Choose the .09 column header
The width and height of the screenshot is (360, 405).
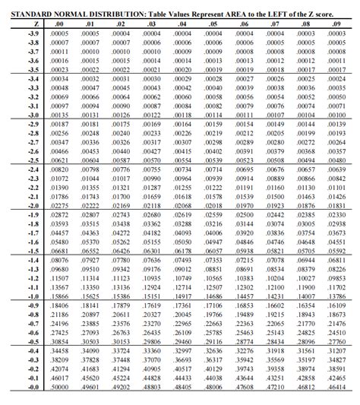pos(336,24)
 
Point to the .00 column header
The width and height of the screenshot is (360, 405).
pos(59,24)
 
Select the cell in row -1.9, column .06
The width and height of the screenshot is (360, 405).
pos(245,215)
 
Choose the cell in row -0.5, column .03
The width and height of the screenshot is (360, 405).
pos(152,341)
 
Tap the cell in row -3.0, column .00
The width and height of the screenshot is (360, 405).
pos(59,115)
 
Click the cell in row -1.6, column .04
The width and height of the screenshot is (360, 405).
pos(183,242)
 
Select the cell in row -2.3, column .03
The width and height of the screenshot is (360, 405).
pos(152,179)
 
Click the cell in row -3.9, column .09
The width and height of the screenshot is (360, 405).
pos(336,34)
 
